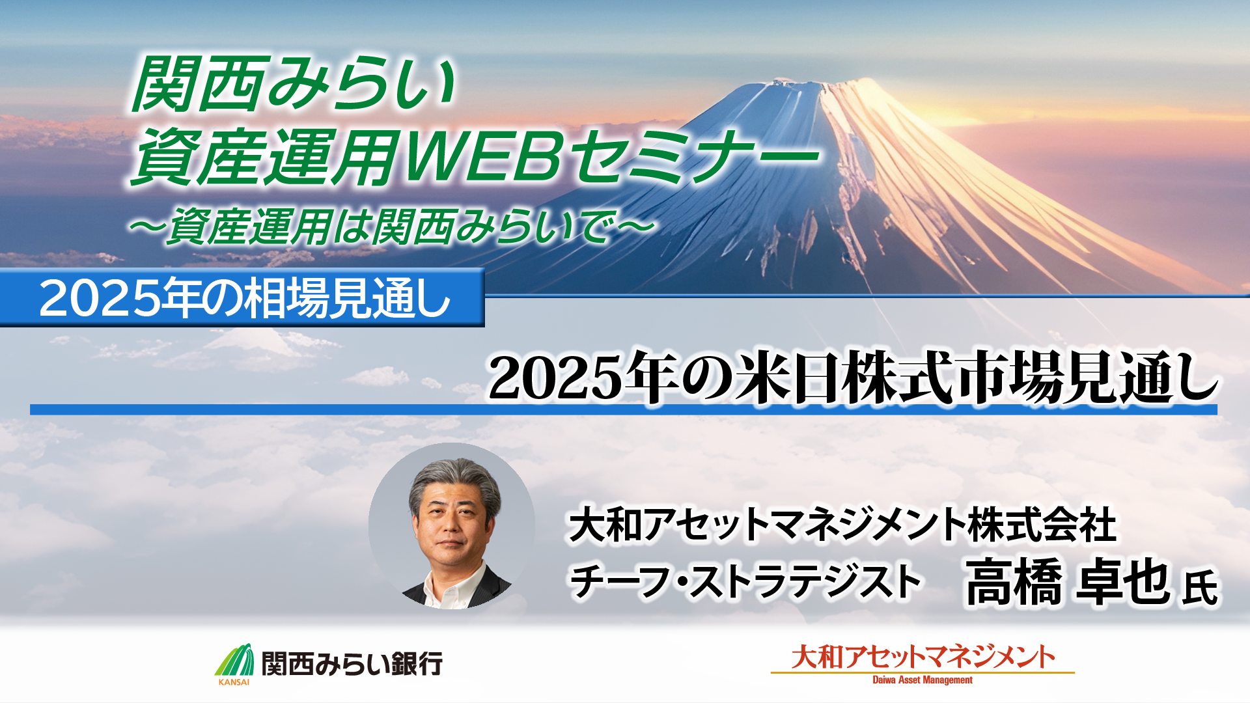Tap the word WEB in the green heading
coord(482,156)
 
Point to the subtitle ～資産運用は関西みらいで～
coord(391,227)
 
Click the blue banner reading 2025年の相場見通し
coord(242,298)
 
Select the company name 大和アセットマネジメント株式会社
coord(842,525)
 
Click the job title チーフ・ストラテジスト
coord(745,581)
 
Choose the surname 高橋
coord(1013,581)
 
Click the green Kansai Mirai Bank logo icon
coord(234,660)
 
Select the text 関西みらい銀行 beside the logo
coord(352,664)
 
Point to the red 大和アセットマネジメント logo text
coord(923,657)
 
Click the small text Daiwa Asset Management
coord(923,680)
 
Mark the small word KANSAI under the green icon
coord(234,682)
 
